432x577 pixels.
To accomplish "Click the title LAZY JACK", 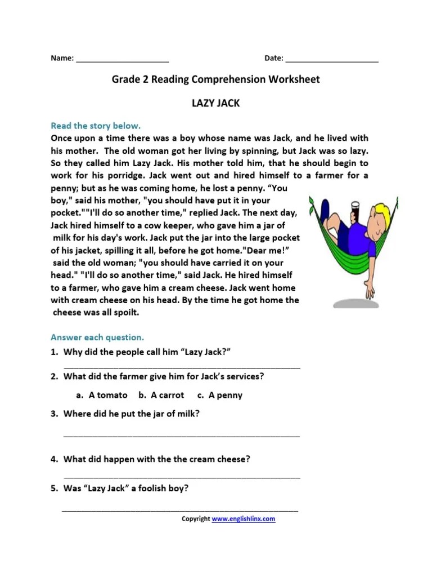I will click(x=216, y=104).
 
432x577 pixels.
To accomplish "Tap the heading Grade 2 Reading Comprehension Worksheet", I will click(x=215, y=79).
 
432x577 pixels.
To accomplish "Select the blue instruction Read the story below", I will click(x=96, y=126).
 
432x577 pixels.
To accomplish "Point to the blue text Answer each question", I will click(x=97, y=338).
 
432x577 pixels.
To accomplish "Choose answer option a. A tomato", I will click(x=102, y=395).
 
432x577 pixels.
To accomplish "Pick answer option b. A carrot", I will click(x=161, y=395).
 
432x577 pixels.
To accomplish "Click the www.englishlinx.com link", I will click(x=244, y=519).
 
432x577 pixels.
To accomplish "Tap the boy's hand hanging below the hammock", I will click(x=369, y=290).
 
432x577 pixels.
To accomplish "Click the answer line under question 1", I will click(x=182, y=367).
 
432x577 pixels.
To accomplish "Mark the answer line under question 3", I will click(x=182, y=436).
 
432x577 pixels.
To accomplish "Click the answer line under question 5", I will click(x=180, y=511).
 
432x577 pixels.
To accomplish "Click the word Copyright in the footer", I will click(x=195, y=519).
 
